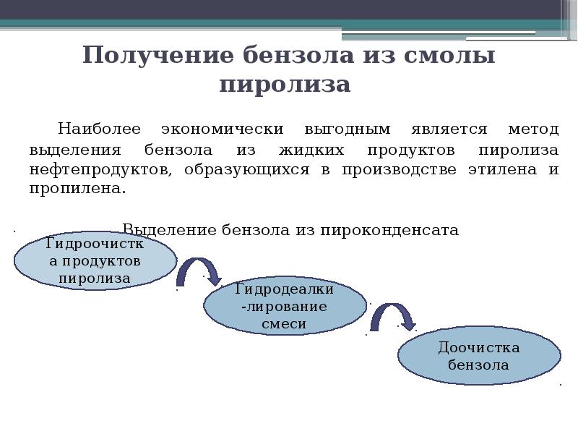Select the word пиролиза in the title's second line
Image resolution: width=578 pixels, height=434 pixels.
tap(285, 85)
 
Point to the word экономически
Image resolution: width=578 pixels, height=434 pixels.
tap(221, 129)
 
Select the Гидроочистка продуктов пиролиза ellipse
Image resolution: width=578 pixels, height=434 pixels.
tap(95, 260)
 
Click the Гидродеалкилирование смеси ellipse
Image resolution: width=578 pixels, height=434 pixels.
tap(284, 307)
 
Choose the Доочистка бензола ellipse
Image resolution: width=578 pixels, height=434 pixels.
tap(478, 357)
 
